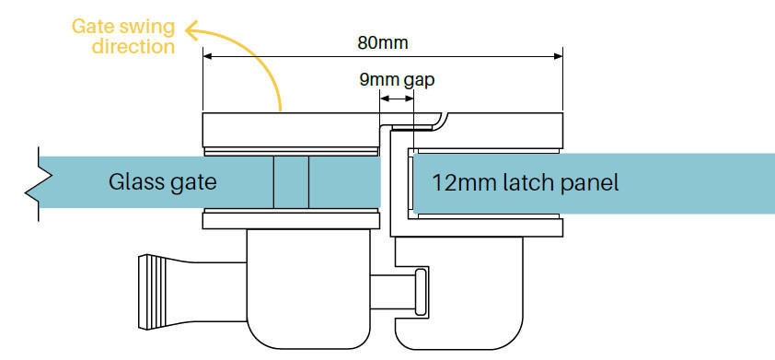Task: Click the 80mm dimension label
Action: (383, 42)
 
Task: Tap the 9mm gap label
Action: (397, 79)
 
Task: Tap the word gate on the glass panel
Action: (192, 181)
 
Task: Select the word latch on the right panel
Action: (531, 181)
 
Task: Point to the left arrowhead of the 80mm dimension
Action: (206, 57)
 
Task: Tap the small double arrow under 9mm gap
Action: (397, 98)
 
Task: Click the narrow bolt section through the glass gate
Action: (291, 181)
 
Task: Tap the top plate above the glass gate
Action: (289, 128)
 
